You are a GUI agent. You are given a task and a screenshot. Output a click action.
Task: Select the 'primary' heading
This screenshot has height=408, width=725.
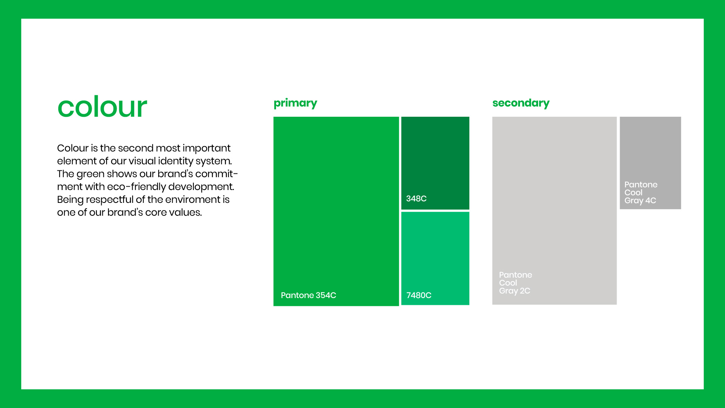click(295, 103)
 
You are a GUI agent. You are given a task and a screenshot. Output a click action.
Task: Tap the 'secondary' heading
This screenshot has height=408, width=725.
click(521, 103)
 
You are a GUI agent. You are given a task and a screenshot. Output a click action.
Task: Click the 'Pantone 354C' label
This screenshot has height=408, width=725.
click(308, 295)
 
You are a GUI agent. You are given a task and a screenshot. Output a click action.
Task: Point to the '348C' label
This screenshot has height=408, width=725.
click(416, 198)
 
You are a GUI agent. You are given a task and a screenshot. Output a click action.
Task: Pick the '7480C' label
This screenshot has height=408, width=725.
click(419, 295)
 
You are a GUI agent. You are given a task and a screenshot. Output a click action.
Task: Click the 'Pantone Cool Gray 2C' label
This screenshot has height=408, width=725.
click(515, 283)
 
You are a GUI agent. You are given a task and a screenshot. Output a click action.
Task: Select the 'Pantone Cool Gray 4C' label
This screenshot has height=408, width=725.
click(641, 192)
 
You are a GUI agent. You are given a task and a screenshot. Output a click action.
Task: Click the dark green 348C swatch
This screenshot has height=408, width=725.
click(435, 163)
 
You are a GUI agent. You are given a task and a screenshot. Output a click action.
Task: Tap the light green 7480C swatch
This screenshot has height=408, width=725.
click(435, 258)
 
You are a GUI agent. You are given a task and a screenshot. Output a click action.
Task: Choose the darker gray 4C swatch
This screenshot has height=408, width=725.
click(650, 163)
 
